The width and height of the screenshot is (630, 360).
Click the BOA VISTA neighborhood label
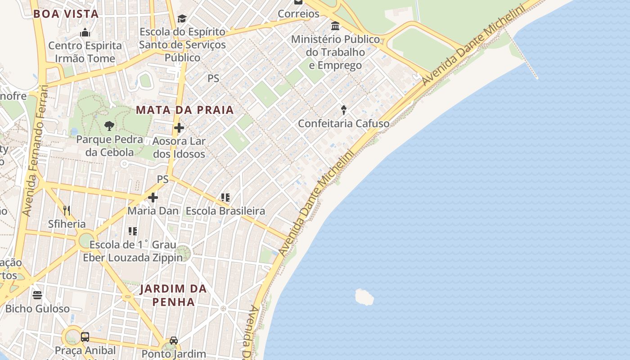(66, 13)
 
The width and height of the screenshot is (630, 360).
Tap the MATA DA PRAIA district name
(185, 110)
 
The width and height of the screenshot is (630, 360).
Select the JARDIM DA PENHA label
(173, 295)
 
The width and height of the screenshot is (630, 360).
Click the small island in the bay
(364, 297)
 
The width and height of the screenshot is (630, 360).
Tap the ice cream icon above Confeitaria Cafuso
(344, 110)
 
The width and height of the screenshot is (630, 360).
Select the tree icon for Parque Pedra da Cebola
(109, 126)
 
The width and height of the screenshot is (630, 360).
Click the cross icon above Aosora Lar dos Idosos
(179, 128)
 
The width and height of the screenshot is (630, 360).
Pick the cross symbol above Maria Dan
(153, 198)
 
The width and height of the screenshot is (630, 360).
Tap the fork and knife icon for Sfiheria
(67, 210)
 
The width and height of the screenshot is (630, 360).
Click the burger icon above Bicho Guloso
(37, 295)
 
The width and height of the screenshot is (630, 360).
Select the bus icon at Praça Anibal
(85, 337)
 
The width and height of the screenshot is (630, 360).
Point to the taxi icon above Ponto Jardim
(174, 341)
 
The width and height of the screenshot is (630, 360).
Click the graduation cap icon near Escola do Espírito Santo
(182, 18)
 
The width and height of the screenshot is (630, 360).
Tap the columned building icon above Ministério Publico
(335, 26)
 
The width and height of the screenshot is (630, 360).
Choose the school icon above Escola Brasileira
(225, 197)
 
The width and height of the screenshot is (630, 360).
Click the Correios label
(298, 13)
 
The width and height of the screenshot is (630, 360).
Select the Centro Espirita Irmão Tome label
(85, 52)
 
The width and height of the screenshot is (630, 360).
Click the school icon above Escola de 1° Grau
(133, 231)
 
